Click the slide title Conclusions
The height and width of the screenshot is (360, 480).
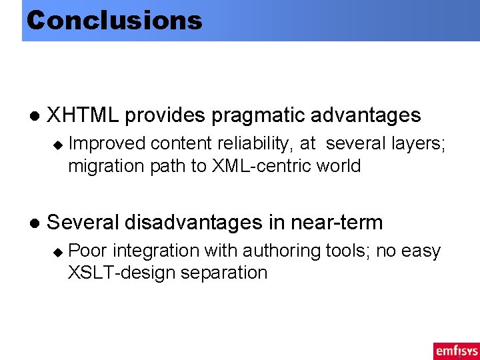(114, 20)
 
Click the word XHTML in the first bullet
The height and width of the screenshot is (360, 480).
(83, 115)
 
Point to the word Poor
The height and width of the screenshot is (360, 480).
(90, 251)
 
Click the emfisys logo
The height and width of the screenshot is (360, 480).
(456, 351)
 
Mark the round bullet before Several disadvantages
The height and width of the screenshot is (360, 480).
(32, 223)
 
